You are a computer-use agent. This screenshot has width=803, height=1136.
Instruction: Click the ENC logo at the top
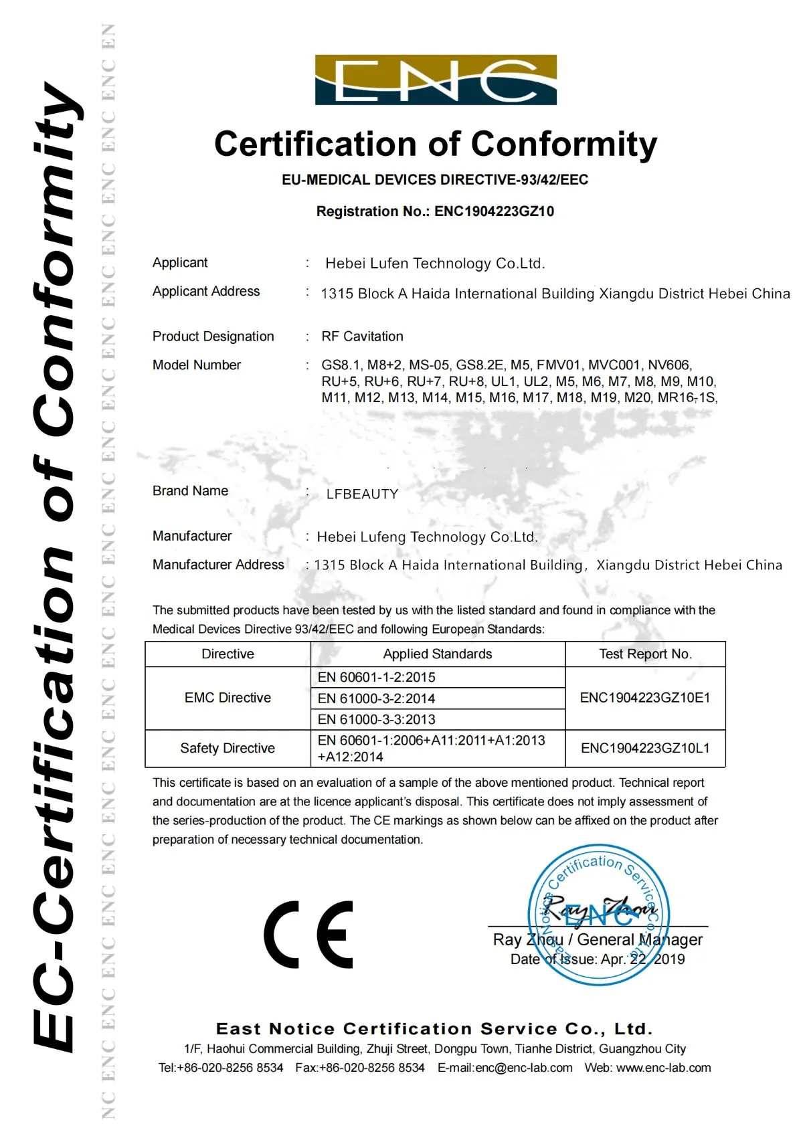click(436, 80)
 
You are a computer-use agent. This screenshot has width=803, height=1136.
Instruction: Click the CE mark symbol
click(308, 934)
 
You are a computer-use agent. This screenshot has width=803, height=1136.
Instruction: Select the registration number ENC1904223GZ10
click(494, 211)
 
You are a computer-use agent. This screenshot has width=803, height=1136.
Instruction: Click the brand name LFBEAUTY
click(362, 494)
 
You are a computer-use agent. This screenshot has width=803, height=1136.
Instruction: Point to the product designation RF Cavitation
click(362, 337)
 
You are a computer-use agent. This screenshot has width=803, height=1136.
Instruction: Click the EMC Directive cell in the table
click(228, 698)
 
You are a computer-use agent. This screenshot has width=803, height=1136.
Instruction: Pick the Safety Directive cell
click(228, 748)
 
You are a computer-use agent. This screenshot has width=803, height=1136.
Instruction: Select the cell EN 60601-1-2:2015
click(376, 677)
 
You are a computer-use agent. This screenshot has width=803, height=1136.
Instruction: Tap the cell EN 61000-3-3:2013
click(376, 719)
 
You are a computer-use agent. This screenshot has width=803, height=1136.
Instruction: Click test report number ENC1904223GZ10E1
click(645, 698)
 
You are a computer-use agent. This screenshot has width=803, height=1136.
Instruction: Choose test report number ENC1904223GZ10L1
click(645, 748)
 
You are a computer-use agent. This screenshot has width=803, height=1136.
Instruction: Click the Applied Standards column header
click(437, 654)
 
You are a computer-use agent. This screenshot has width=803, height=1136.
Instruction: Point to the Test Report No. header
click(645, 654)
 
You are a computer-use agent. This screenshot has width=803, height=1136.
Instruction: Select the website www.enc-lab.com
click(663, 1068)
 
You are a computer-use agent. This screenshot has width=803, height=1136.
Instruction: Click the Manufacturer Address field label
click(218, 565)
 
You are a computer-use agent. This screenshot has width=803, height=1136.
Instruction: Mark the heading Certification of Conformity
click(436, 145)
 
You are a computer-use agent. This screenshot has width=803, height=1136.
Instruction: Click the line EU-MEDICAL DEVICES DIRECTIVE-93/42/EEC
click(435, 180)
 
